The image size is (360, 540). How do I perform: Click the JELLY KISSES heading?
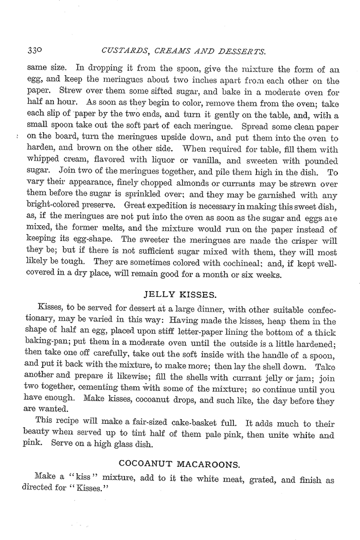[x=179, y=295]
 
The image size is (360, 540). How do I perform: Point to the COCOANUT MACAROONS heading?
[x=179, y=465]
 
